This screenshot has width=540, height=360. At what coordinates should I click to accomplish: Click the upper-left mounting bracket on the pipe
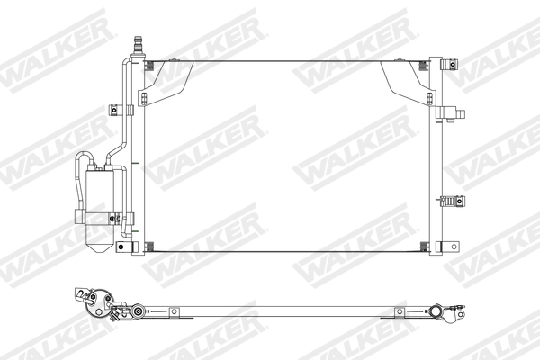[x=116, y=112]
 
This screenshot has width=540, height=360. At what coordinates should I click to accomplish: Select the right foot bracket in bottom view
[x=396, y=313]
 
